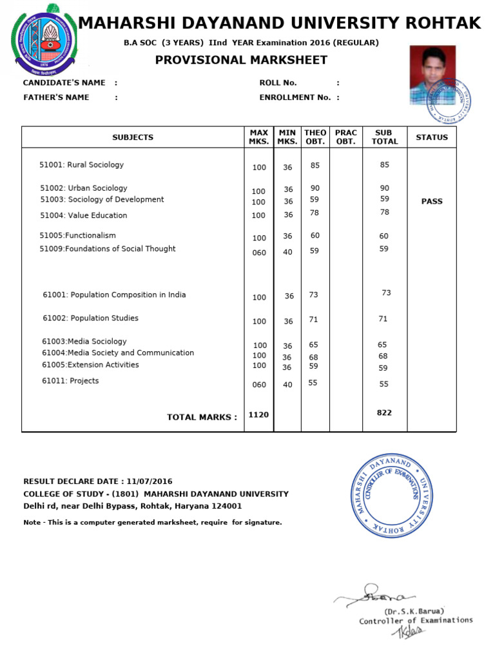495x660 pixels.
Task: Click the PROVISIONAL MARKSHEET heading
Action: (x=241, y=61)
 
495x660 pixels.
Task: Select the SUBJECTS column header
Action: (x=133, y=137)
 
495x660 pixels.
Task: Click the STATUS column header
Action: (x=431, y=137)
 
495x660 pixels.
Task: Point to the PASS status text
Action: (x=431, y=201)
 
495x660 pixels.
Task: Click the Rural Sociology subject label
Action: (x=81, y=165)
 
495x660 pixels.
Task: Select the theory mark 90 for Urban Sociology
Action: (x=315, y=188)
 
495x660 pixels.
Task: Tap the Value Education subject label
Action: (x=84, y=215)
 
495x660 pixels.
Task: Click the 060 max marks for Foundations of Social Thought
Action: (x=258, y=253)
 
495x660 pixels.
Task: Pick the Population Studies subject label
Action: (x=90, y=318)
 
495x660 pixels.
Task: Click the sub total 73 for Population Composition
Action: (x=386, y=293)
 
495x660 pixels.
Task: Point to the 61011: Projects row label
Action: (x=71, y=381)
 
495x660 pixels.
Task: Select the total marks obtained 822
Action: (x=384, y=412)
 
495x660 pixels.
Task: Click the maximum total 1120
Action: (x=258, y=415)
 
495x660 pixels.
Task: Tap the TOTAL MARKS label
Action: (x=202, y=417)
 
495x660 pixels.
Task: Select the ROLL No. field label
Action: (x=278, y=82)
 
